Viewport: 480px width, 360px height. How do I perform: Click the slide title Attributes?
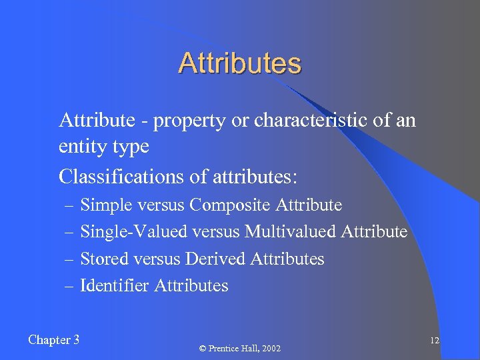(x=240, y=64)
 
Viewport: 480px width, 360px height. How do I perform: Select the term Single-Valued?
(x=134, y=232)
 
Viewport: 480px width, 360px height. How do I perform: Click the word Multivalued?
(x=291, y=232)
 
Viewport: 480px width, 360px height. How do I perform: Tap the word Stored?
(x=104, y=259)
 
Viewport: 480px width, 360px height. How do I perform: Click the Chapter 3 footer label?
(x=54, y=340)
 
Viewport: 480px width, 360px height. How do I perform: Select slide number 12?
(x=434, y=341)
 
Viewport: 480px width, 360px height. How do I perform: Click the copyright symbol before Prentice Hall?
(x=203, y=349)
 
